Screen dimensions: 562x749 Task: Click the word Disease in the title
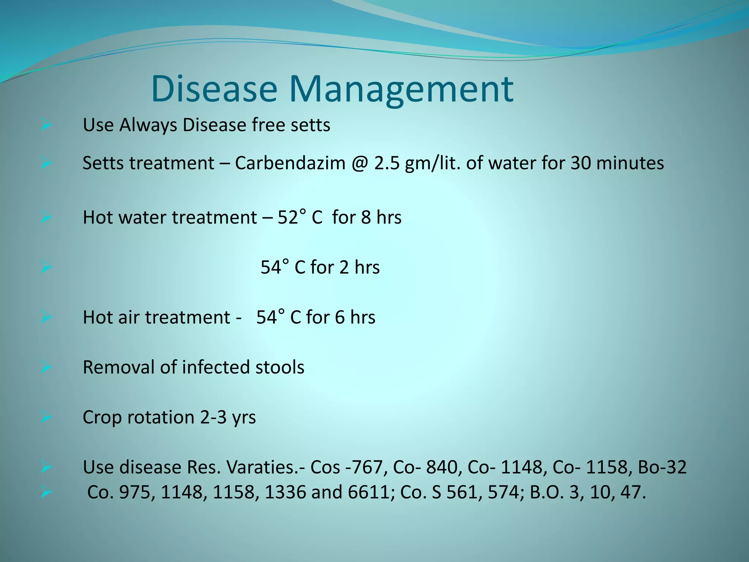pos(214,89)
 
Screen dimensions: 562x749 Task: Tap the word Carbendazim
pos(290,163)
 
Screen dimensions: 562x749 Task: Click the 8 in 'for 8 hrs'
pos(366,217)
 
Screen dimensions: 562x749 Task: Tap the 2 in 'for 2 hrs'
pos(344,267)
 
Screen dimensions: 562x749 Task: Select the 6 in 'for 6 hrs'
pos(340,317)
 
